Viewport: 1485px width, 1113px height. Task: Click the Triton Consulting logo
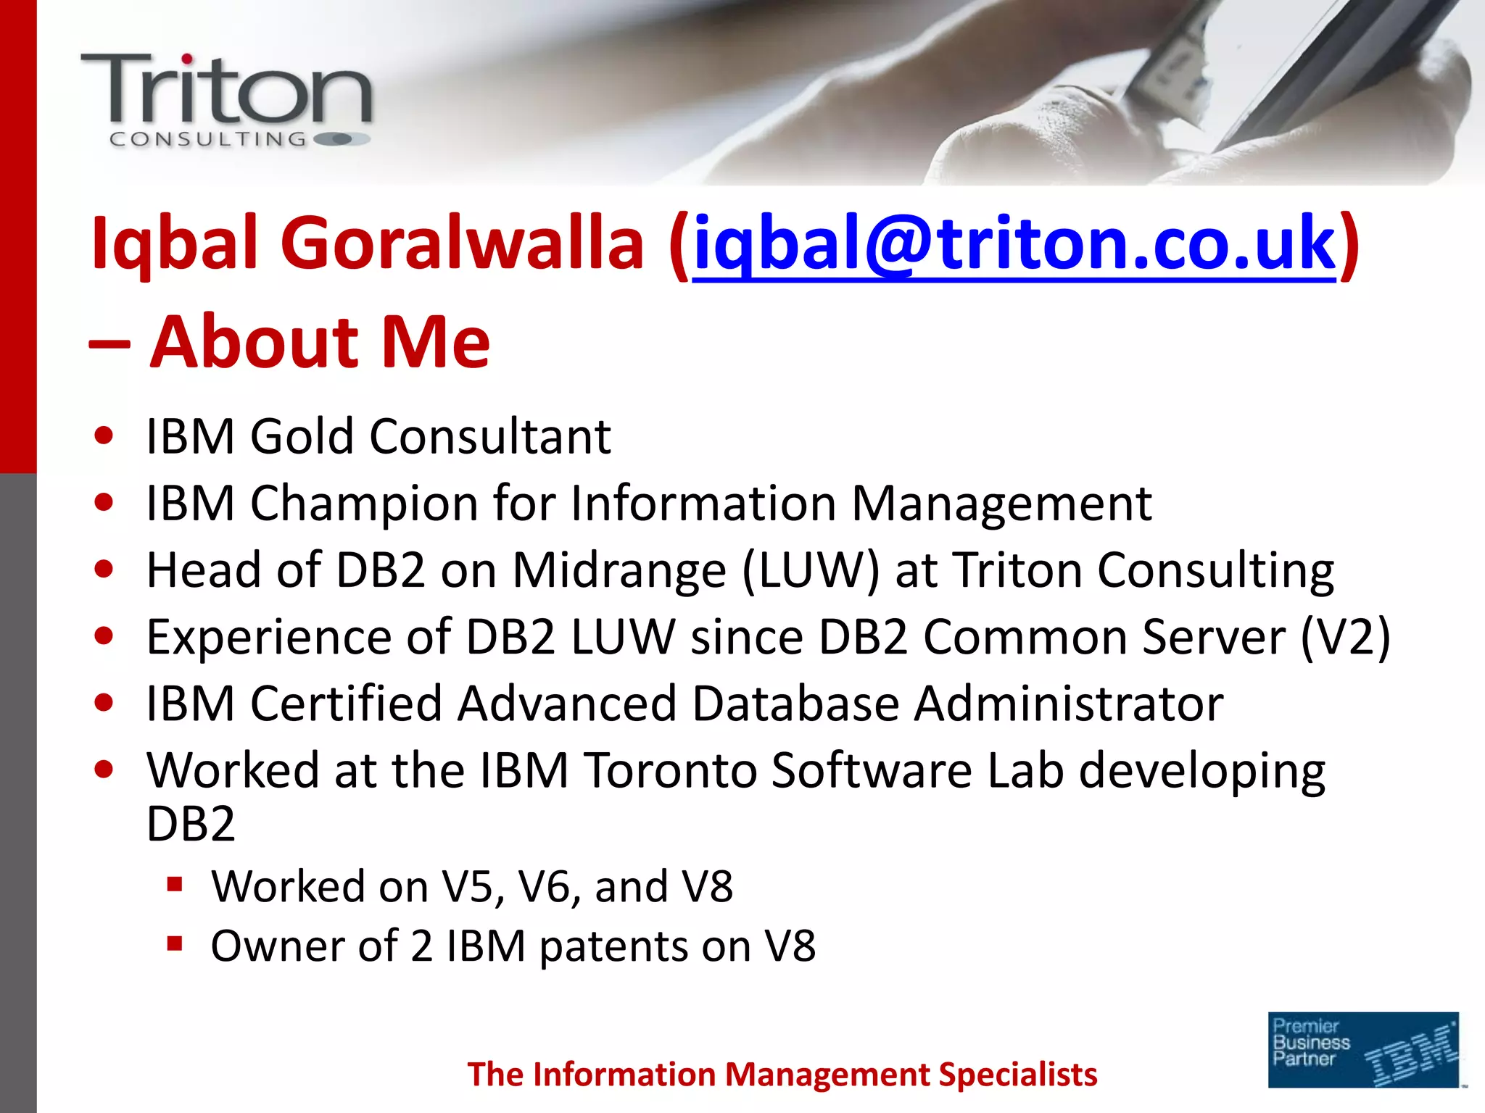226,100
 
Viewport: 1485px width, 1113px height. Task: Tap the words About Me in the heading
320,342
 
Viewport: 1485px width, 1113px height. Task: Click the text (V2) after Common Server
1345,638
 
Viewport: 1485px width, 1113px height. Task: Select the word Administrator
1068,704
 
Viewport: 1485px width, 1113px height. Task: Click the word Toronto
670,770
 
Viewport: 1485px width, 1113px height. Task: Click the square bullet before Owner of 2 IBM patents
174,943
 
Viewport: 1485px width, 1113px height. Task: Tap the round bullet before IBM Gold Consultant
104,436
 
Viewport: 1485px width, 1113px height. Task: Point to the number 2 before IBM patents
421,946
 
